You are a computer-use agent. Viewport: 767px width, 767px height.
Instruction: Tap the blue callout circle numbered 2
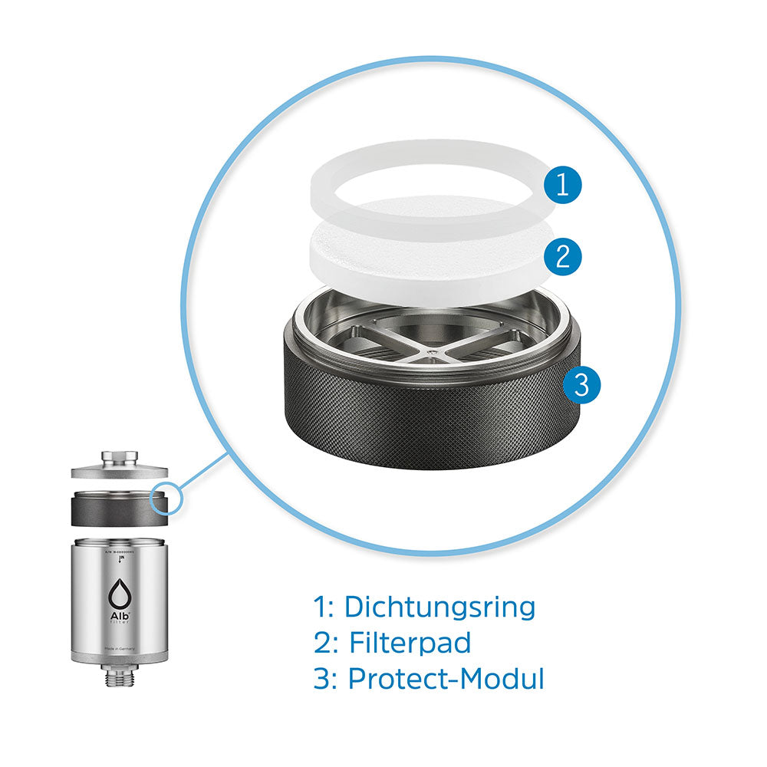pos(563,255)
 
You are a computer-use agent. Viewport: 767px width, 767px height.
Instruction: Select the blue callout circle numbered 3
pos(582,385)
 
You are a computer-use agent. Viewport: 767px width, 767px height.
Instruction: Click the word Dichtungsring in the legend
pos(439,606)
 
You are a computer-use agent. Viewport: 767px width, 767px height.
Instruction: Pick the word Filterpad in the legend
pos(410,643)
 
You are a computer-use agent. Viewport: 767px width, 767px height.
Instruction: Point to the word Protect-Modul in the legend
pos(446,679)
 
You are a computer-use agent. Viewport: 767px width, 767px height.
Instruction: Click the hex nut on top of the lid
pos(120,457)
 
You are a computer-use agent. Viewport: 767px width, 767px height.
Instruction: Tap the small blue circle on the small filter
pos(166,499)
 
